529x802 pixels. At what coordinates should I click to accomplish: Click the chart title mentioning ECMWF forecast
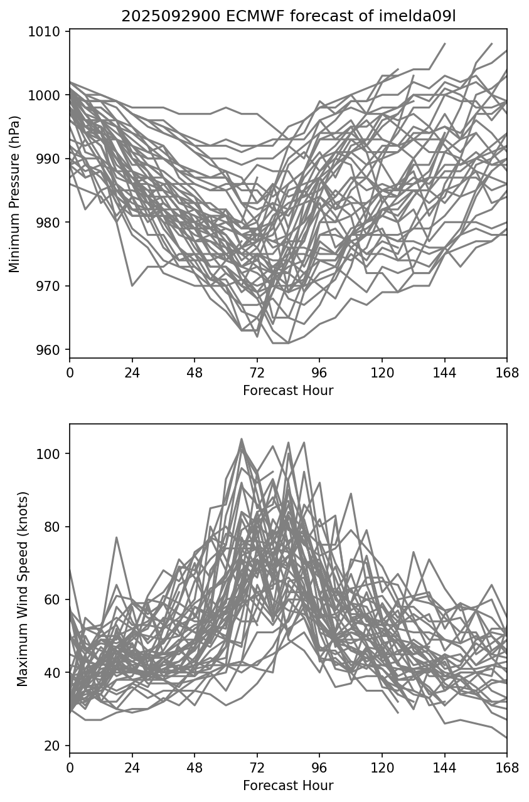(288, 16)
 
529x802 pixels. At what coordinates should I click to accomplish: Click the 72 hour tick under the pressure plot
(257, 374)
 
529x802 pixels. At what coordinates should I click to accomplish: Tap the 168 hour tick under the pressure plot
(507, 374)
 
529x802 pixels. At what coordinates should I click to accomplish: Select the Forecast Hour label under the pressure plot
(288, 391)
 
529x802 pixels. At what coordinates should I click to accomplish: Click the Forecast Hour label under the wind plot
(288, 785)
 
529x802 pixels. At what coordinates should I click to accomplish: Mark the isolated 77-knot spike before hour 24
(117, 537)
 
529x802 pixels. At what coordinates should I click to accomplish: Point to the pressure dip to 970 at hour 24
(132, 286)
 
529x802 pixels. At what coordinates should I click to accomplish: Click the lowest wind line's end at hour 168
(506, 738)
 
